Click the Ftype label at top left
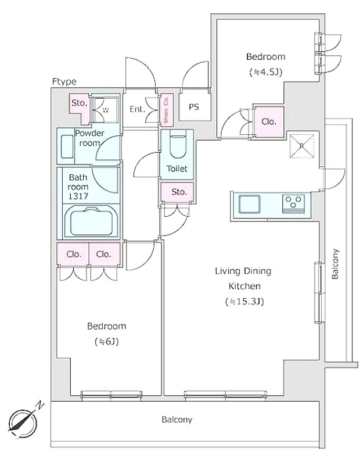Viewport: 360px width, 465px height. click(x=64, y=82)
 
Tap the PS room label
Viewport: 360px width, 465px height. click(x=193, y=108)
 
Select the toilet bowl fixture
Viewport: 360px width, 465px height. click(x=177, y=144)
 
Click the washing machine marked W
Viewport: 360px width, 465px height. click(x=106, y=108)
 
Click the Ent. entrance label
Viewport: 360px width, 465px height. click(x=137, y=109)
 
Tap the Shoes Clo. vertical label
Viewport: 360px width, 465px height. click(x=166, y=109)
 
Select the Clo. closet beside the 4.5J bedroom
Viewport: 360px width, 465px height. click(x=268, y=122)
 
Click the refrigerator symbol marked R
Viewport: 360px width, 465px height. click(x=301, y=145)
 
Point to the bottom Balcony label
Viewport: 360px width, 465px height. click(x=177, y=419)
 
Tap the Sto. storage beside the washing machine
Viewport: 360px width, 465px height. click(x=79, y=103)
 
